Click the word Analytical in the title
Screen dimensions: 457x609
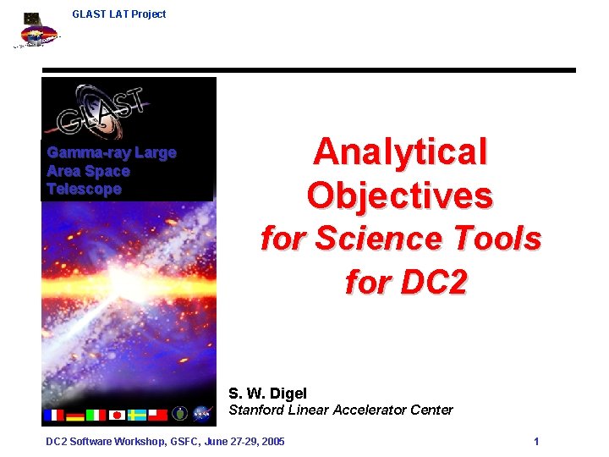400,152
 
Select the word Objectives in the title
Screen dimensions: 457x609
399,195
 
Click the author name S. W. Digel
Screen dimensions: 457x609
267,393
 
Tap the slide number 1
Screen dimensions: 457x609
536,442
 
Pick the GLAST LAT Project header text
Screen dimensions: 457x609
119,14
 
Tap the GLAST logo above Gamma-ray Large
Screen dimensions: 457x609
101,111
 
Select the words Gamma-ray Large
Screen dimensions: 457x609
111,153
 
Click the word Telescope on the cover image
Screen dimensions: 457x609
84,189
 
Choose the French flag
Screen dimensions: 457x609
54,415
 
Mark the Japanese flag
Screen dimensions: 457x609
117,415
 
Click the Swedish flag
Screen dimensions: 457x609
137,415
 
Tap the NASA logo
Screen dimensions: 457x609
201,414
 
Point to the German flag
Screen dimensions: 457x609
75,415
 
